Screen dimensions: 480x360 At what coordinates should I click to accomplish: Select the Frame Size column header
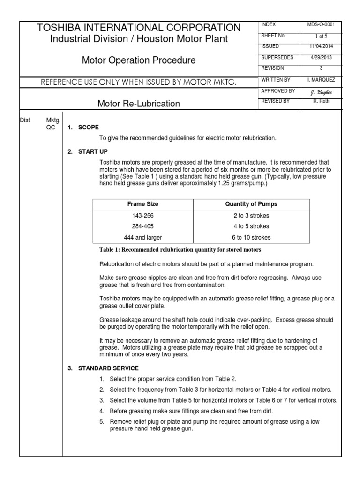pyautogui.click(x=143, y=204)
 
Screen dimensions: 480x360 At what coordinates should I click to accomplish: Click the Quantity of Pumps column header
pyautogui.click(x=251, y=204)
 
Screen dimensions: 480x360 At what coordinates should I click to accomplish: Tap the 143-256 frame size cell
pyautogui.click(x=143, y=216)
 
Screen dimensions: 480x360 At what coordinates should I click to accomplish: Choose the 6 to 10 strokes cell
pyautogui.click(x=251, y=237)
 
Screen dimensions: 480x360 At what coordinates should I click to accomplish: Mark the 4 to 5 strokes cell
pyautogui.click(x=251, y=226)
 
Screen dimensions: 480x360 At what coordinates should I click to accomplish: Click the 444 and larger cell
pyautogui.click(x=143, y=237)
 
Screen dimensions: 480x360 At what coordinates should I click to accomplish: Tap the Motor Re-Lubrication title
pyautogui.click(x=138, y=103)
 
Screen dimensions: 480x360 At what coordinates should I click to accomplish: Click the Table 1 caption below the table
pyautogui.click(x=180, y=249)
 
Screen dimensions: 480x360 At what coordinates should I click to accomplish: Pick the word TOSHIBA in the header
pyautogui.click(x=59, y=27)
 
